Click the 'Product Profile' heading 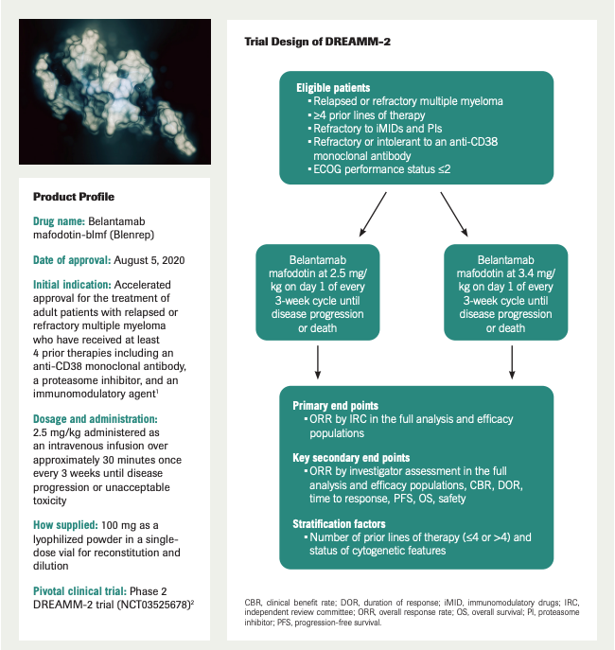74,197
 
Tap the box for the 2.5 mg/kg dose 318,293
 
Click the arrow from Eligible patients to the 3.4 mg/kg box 453,216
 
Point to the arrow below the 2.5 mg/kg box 318,360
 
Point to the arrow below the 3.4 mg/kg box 511,360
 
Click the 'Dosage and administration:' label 97,417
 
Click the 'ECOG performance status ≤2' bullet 383,168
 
